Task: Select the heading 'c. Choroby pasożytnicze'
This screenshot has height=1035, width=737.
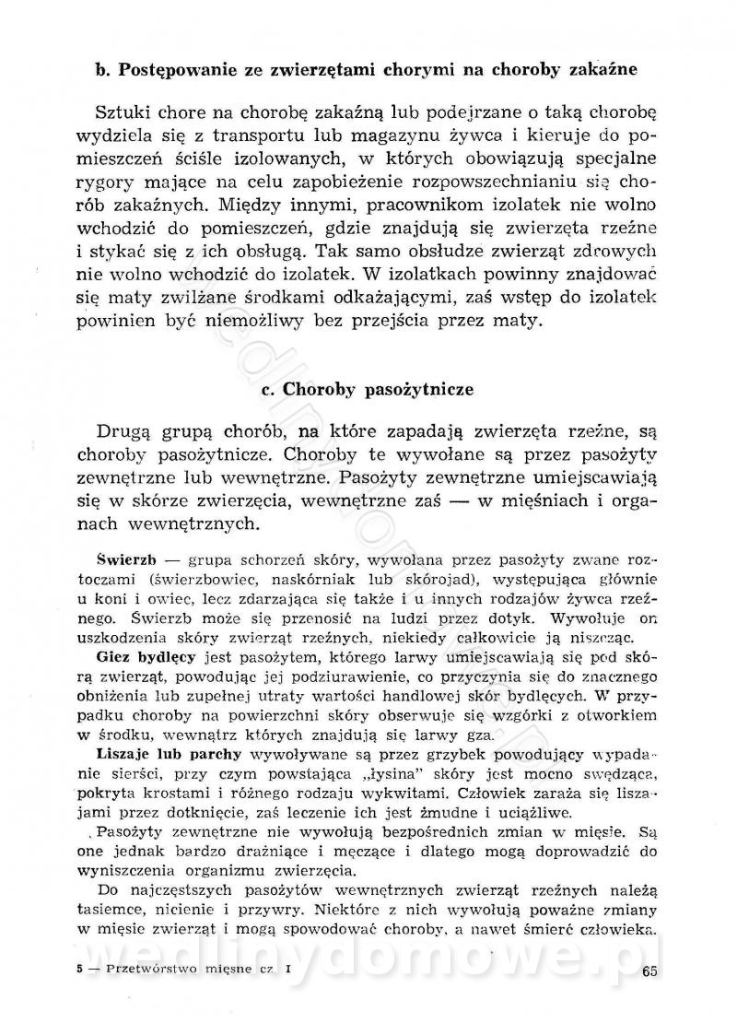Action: coord(368,389)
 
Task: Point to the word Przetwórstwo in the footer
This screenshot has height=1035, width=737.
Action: coord(153,969)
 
